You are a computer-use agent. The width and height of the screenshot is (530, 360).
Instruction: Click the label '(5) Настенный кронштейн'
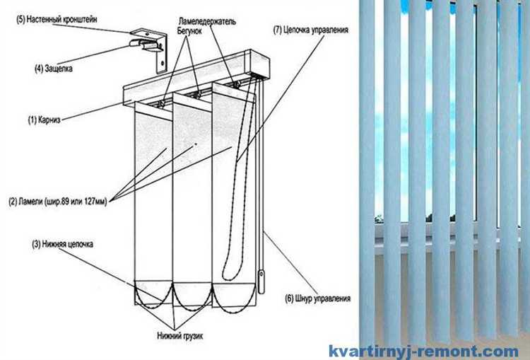pos(57,19)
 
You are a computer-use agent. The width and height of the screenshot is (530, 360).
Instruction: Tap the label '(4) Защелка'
pos(54,69)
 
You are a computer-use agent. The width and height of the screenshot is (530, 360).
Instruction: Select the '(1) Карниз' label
pos(44,120)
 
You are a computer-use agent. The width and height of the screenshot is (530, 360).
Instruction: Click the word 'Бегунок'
pos(189,31)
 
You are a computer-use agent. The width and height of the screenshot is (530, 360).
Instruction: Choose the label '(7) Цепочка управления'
pos(311,30)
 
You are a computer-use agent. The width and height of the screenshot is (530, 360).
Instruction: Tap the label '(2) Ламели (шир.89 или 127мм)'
pos(58,202)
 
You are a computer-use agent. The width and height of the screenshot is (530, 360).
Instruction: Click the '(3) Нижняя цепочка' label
pos(62,244)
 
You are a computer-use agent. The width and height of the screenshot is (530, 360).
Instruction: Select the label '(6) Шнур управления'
pos(318,298)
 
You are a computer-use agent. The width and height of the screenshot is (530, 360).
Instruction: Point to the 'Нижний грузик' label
pos(179,336)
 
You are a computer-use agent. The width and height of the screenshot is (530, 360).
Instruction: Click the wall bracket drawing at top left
pos(149,48)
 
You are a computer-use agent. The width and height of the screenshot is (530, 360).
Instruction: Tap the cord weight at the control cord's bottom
pos(261,281)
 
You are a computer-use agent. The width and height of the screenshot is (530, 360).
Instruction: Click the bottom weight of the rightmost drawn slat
pos(234,295)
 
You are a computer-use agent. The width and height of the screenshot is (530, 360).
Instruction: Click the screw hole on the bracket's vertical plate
pos(163,63)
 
